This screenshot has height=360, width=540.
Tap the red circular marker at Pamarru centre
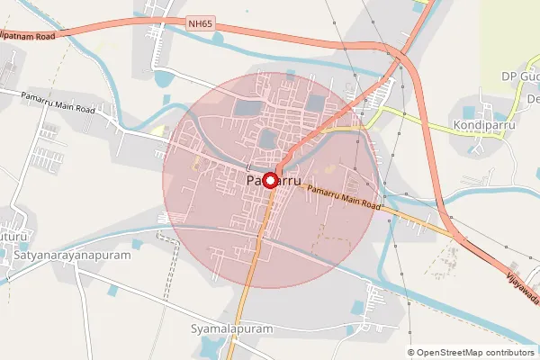coord(269,180)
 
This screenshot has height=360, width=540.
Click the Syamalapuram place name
coord(231,329)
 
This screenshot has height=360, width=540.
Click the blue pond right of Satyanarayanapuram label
coord(137,244)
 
